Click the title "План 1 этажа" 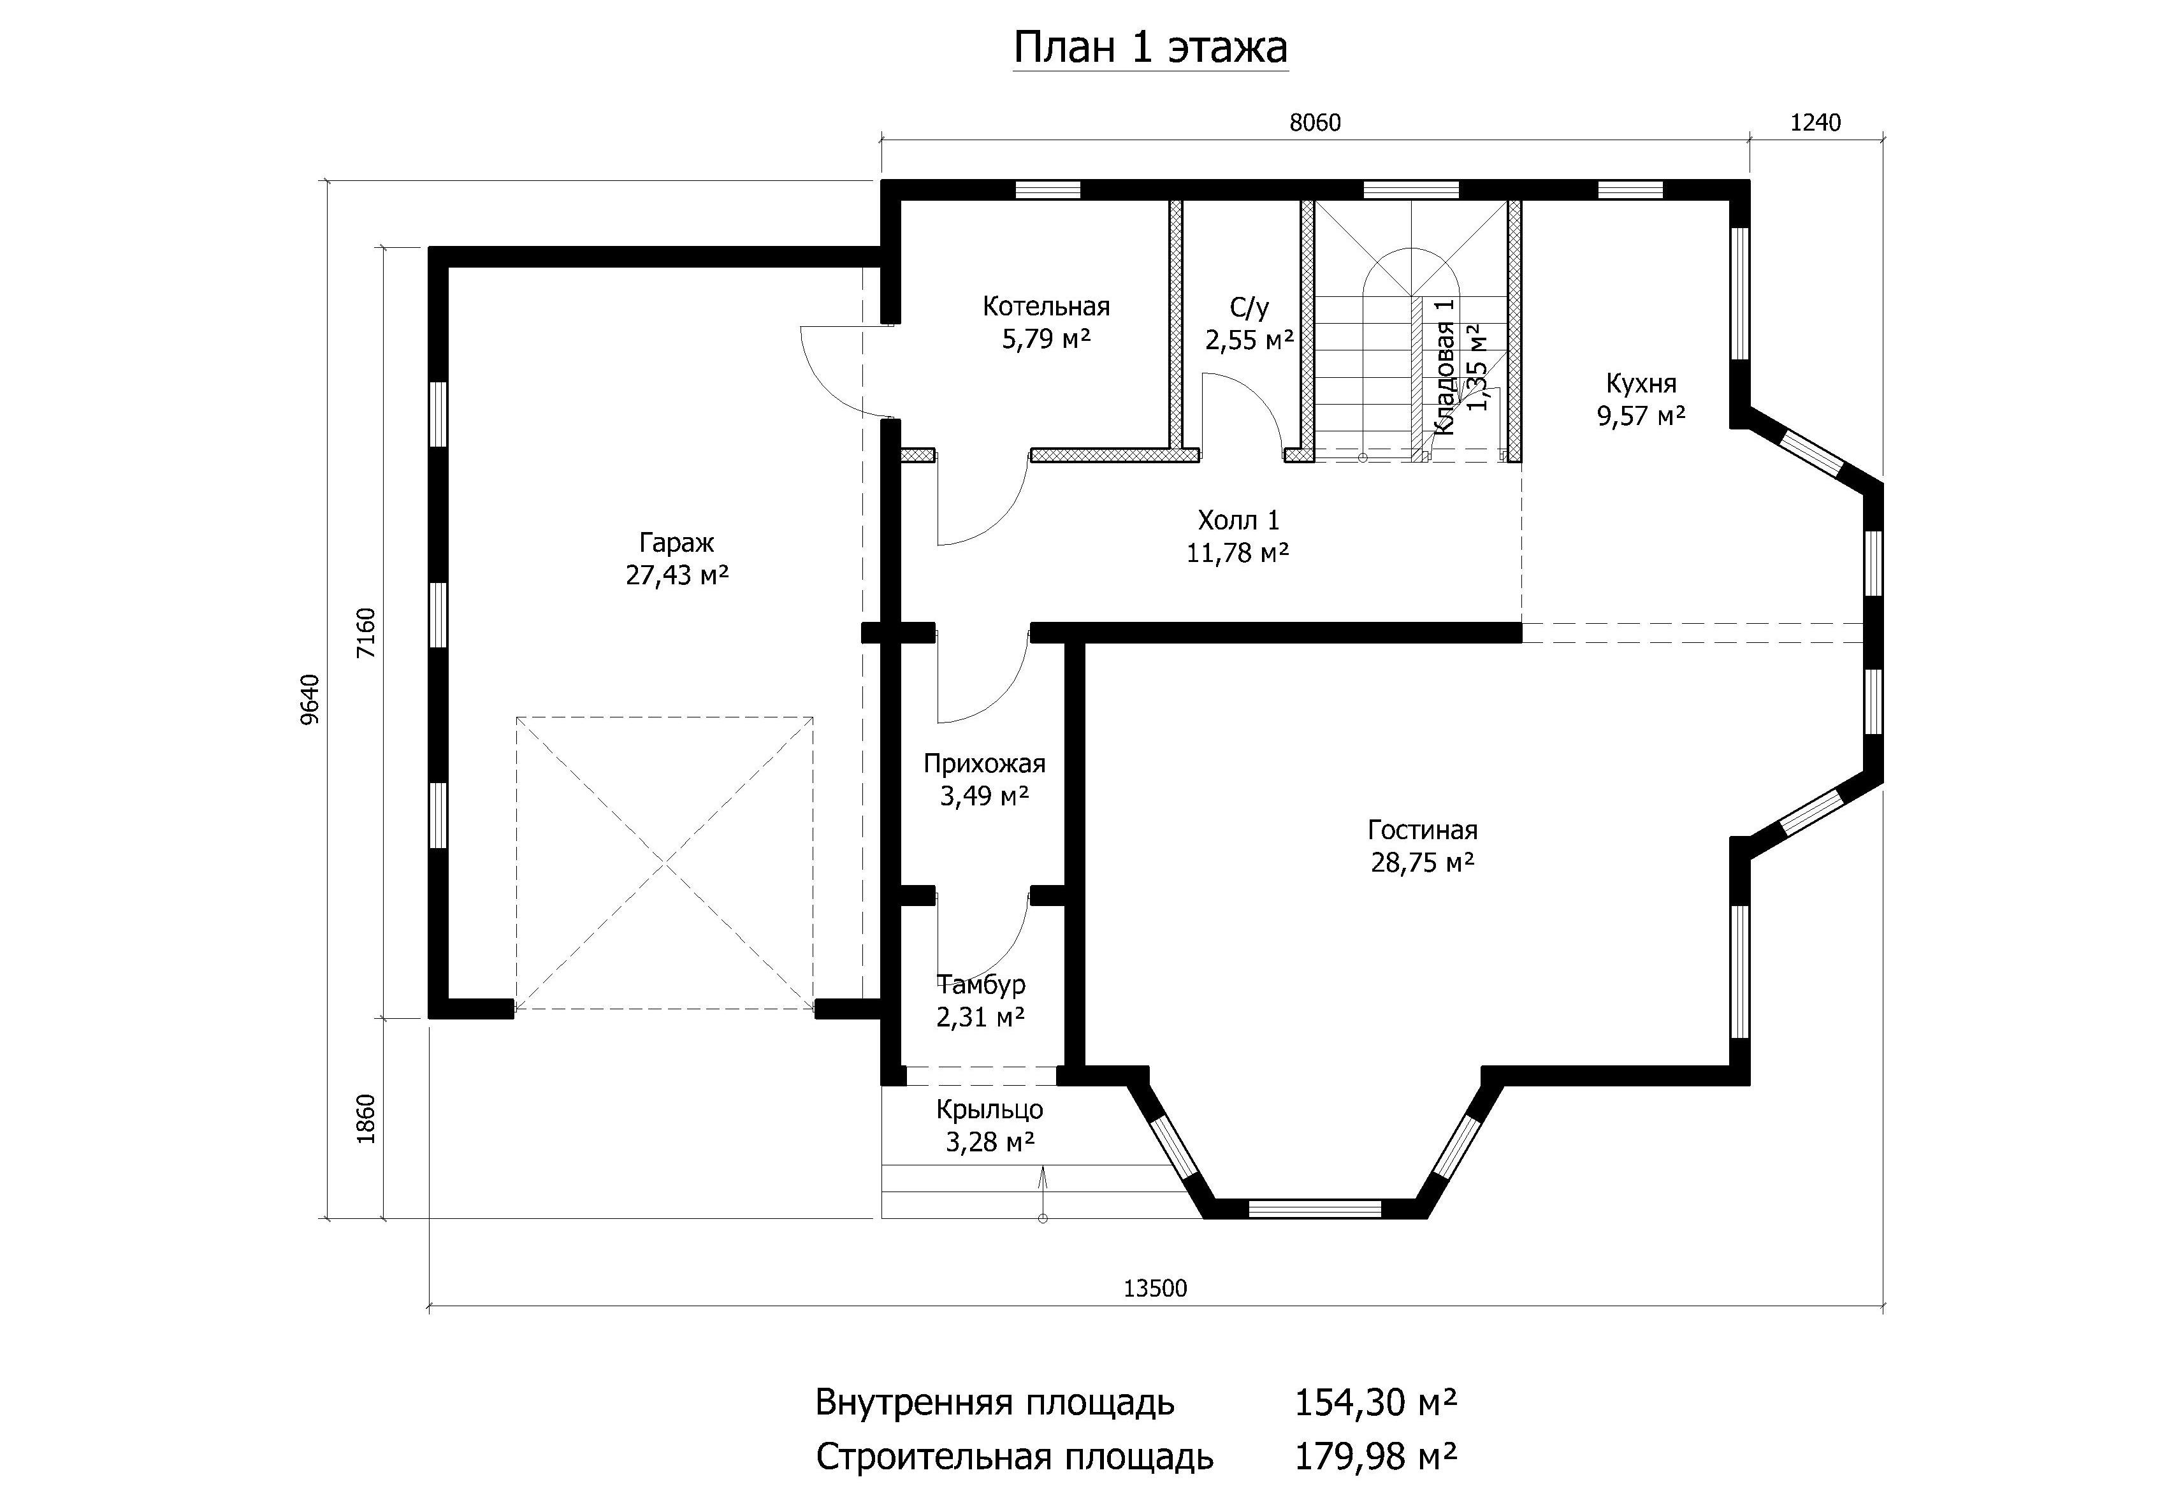(x=1150, y=48)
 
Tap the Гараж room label (x=676, y=543)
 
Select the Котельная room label (x=1046, y=306)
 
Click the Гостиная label (x=1423, y=830)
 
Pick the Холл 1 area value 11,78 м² (x=1237, y=552)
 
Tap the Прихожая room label (x=984, y=764)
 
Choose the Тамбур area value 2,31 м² (x=980, y=1017)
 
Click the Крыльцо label (x=990, y=1110)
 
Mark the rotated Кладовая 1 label (x=1445, y=367)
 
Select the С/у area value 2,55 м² (x=1249, y=340)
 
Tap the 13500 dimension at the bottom (x=1156, y=1288)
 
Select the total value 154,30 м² (x=1375, y=1402)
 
